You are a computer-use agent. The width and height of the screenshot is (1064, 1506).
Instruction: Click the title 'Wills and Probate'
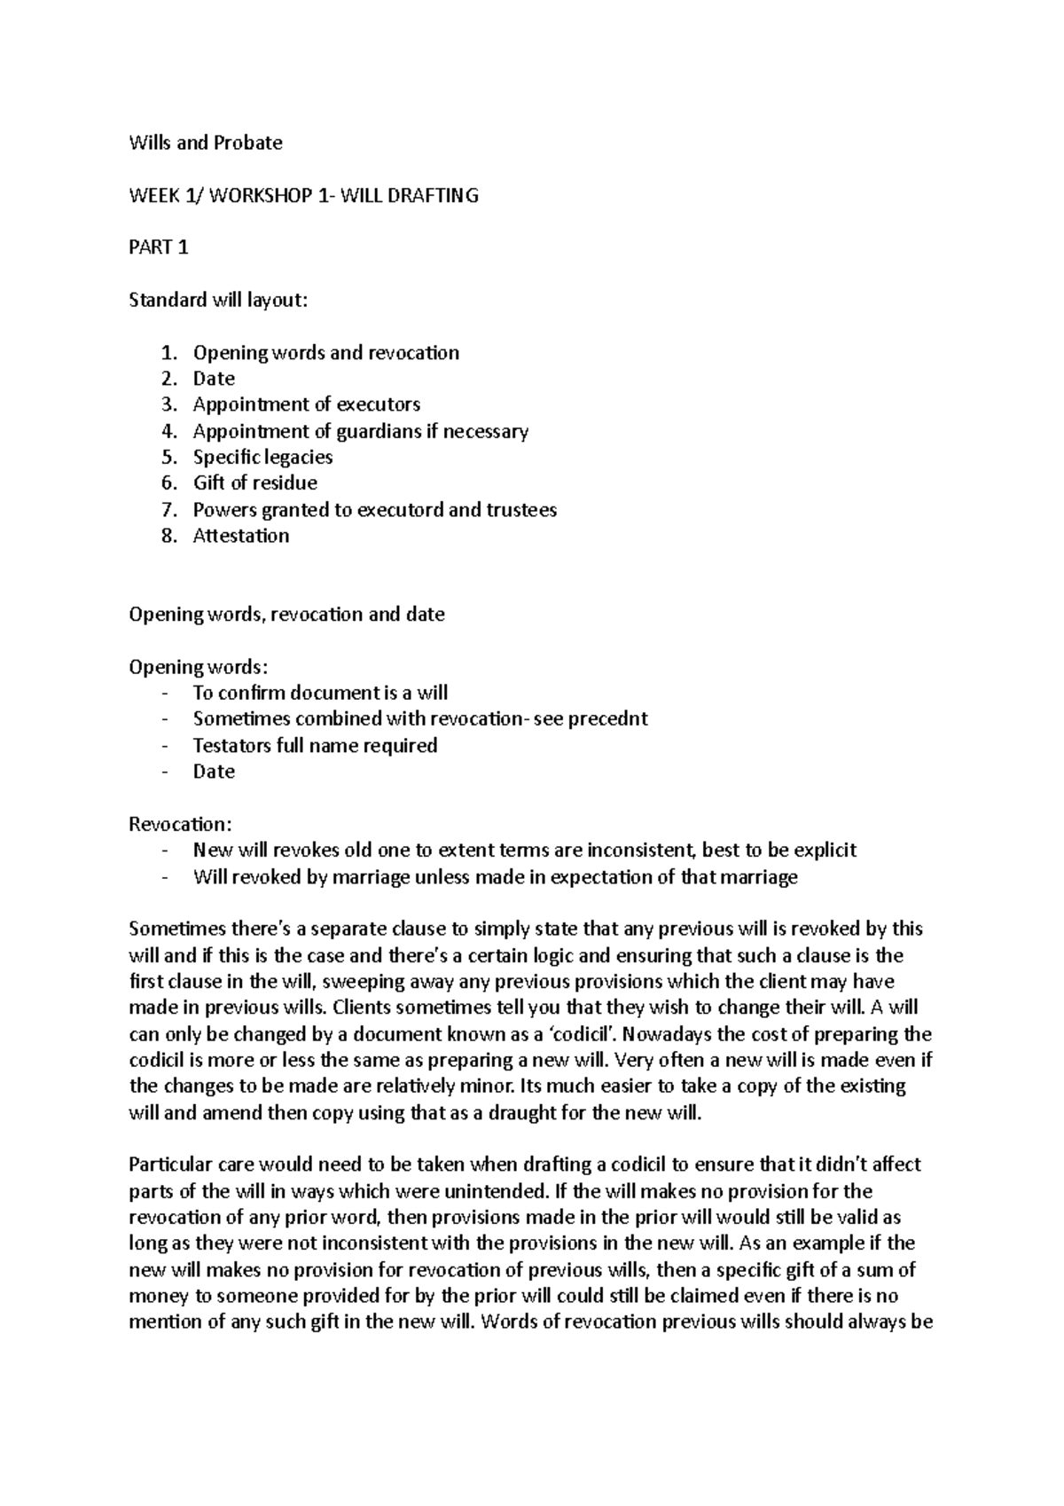coord(206,143)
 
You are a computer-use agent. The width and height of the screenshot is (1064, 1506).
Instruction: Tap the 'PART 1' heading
coord(159,248)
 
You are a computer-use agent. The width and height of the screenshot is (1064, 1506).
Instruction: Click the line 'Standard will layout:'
coord(218,301)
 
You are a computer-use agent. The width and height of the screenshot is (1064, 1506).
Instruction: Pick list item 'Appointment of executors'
coord(307,404)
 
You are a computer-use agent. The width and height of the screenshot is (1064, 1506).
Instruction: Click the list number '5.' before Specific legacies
coord(170,458)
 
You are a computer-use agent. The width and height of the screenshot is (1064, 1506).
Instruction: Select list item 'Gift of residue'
coord(255,483)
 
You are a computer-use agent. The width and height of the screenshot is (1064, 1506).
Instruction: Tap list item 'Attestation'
coord(241,536)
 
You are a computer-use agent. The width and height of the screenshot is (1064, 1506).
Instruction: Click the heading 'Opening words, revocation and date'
coord(286,615)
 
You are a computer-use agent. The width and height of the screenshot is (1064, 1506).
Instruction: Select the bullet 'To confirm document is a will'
coord(320,693)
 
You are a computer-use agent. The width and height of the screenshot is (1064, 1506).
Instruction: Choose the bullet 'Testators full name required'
coord(315,745)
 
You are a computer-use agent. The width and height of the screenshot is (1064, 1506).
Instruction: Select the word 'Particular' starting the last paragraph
coord(171,1165)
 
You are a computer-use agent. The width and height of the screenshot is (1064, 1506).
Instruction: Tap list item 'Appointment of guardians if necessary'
coord(360,432)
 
